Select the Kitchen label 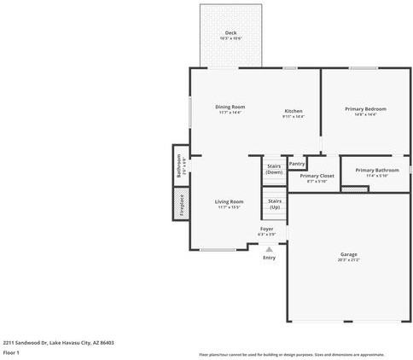[x=293, y=111]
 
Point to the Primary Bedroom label [x=365, y=108]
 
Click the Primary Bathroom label [x=376, y=170]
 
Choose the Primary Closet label [x=316, y=176]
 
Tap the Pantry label [x=296, y=163]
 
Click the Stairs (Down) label [x=274, y=169]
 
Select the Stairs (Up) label [x=275, y=204]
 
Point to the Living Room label [x=230, y=201]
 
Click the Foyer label [x=266, y=229]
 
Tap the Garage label [x=348, y=254]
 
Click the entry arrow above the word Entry [x=269, y=249]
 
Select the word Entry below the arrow [x=269, y=258]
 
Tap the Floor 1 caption [x=11, y=351]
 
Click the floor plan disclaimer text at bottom [x=291, y=353]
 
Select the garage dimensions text [x=348, y=259]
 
